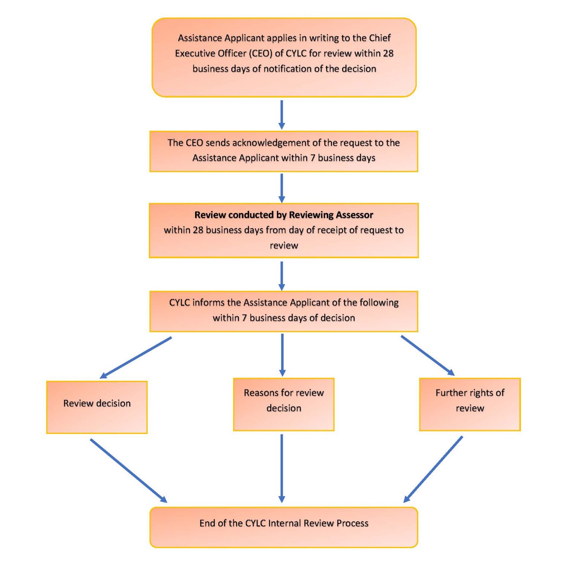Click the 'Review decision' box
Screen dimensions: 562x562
click(97, 407)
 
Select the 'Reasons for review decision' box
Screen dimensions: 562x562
click(284, 404)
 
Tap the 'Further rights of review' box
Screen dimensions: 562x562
click(470, 404)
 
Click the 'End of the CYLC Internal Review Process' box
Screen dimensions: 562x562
click(284, 527)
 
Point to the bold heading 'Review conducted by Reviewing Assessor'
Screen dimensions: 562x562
click(284, 215)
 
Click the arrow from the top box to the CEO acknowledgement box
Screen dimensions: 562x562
click(281, 114)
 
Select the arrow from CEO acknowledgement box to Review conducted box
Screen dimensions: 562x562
click(281, 188)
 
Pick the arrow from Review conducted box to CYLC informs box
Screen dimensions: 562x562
click(281, 276)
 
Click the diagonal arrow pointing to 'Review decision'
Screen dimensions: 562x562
click(136, 357)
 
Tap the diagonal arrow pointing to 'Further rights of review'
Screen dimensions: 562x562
click(428, 355)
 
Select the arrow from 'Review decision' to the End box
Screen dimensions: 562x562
click(128, 471)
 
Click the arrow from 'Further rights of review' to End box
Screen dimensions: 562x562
click(433, 469)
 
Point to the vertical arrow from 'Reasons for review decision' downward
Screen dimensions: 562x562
click(281, 468)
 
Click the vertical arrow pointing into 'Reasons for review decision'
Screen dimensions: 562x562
click(282, 355)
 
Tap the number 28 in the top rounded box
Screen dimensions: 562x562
click(388, 53)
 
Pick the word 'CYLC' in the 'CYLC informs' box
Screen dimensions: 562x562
click(179, 303)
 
